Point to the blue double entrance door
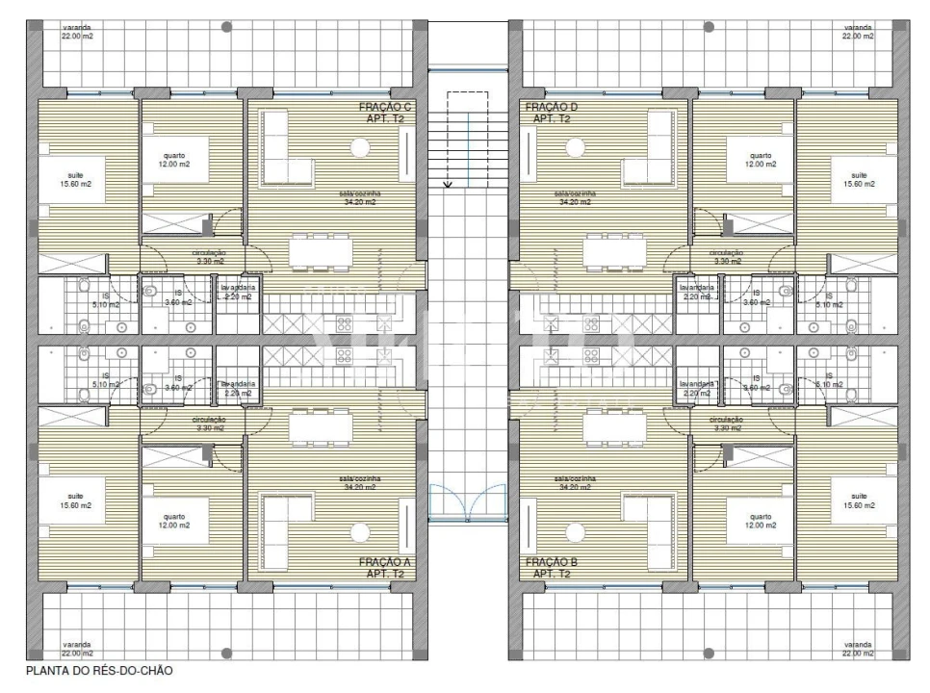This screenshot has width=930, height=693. click(x=467, y=501)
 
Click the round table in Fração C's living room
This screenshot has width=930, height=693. click(x=360, y=148)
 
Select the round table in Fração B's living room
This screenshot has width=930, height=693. click(x=576, y=530)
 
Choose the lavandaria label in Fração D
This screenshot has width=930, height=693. click(x=697, y=292)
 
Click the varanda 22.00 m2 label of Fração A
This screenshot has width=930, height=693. click(x=76, y=649)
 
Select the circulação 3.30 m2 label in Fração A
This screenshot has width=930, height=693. click(x=209, y=423)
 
